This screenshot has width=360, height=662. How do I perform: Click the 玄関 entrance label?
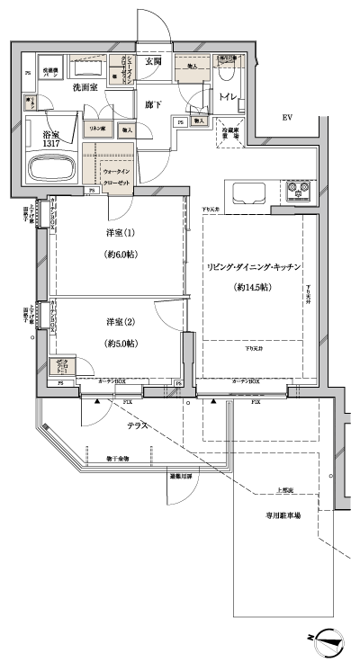click(x=152, y=62)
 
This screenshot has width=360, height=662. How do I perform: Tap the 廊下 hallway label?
click(x=153, y=104)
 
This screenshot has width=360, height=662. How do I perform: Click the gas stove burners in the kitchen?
click(x=298, y=192)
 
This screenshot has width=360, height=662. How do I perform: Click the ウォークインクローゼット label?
click(x=117, y=174)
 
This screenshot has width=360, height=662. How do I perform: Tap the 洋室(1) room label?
click(x=119, y=234)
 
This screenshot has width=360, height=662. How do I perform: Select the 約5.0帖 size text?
click(x=119, y=343)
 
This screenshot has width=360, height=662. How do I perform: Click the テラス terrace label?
click(x=137, y=425)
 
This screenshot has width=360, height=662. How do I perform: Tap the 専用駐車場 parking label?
click(x=283, y=515)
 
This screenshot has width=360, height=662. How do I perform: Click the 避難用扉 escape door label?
click(x=181, y=477)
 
